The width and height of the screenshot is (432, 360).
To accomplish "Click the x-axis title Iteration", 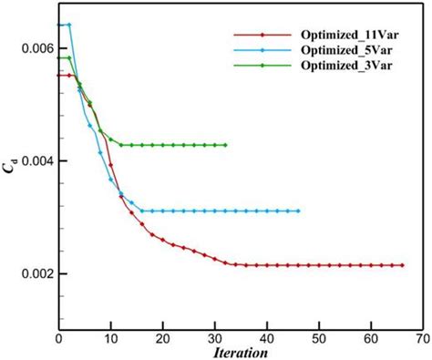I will click(x=241, y=351).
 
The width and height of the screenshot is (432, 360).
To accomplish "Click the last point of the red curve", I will click(x=401, y=265).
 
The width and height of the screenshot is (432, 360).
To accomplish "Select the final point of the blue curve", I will click(x=298, y=211).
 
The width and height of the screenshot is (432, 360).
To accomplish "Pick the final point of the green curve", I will click(x=225, y=145).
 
